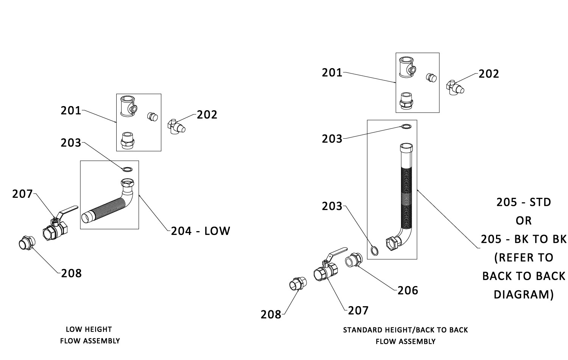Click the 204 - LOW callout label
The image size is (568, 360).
[x=200, y=231]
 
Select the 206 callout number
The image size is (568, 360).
[x=407, y=290]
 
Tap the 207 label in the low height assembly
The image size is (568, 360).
[x=22, y=194]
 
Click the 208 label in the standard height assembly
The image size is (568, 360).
[x=271, y=314]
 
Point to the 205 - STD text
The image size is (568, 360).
[x=523, y=202]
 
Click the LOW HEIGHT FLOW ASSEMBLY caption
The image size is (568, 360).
[x=90, y=335]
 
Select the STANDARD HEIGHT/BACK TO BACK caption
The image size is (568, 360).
[x=405, y=330]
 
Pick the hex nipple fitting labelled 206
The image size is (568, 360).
[x=354, y=261]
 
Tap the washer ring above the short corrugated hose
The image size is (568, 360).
[x=128, y=169]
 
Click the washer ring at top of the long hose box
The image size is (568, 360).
[x=406, y=126]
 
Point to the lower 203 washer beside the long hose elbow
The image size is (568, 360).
[x=374, y=250]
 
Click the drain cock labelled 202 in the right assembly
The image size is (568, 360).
[x=454, y=87]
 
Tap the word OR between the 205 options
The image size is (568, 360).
[x=523, y=221]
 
